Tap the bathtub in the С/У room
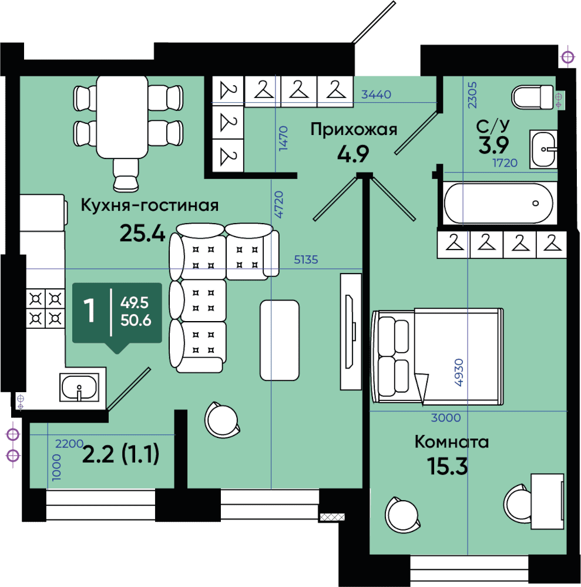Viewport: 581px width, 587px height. (x=498, y=203)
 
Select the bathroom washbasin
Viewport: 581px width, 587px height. (x=543, y=149)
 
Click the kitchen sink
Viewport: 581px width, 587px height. (x=79, y=387)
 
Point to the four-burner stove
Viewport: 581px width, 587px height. (x=45, y=309)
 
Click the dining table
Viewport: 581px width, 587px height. (x=122, y=117)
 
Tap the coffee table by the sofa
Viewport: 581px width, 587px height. (x=280, y=340)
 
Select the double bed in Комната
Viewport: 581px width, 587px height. (x=437, y=356)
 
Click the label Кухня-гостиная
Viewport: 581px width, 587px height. (x=149, y=205)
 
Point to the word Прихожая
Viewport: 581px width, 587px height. (x=354, y=130)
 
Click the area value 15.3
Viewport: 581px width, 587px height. (x=448, y=467)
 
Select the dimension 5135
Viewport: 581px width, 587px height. (x=305, y=259)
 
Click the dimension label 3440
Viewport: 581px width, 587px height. (x=376, y=95)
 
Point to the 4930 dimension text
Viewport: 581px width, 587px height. (x=459, y=373)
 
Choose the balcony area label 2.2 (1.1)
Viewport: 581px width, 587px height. (x=120, y=454)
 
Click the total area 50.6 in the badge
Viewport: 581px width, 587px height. (x=136, y=321)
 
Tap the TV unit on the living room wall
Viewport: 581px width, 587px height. (x=351, y=332)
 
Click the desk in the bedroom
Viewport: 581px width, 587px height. (x=548, y=502)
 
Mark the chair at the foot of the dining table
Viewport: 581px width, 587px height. (x=126, y=175)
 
